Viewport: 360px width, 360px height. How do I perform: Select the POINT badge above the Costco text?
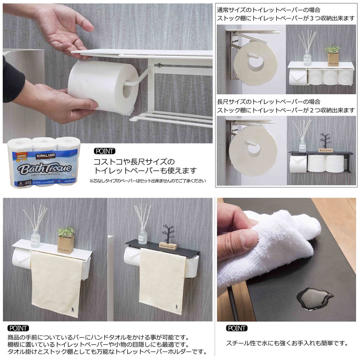click(104, 151)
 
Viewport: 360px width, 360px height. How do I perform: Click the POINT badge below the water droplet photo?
click(237, 328)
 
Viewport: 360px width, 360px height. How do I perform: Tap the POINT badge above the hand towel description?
click(18, 328)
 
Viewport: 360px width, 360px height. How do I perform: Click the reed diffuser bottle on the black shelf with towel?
click(143, 234)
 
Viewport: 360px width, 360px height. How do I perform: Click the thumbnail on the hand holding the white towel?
click(248, 238)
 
